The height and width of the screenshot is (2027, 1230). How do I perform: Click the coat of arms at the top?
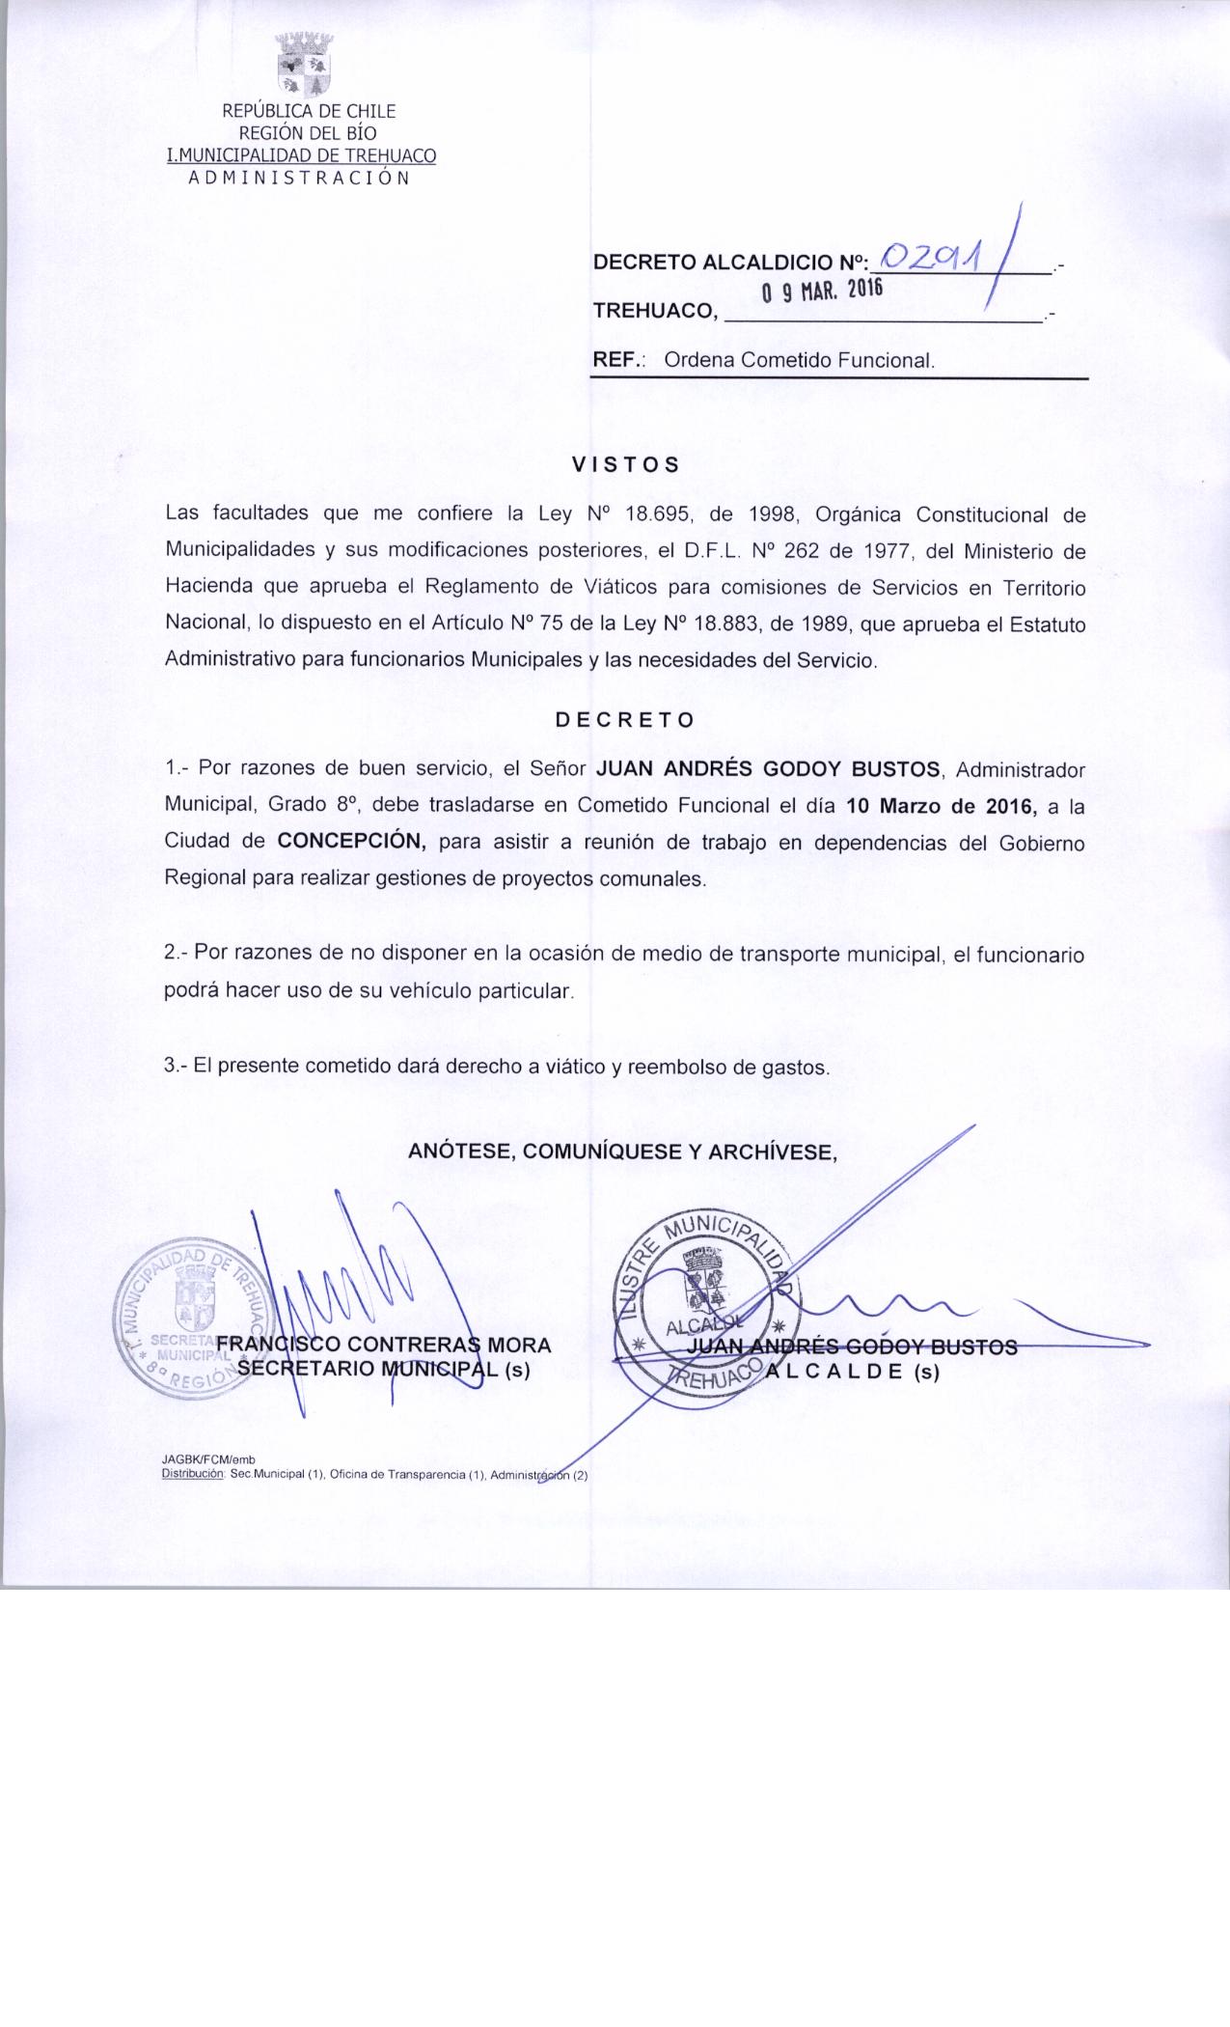tap(305, 65)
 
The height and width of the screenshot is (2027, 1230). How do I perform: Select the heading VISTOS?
tap(626, 464)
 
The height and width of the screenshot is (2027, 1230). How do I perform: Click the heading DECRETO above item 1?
tap(624, 720)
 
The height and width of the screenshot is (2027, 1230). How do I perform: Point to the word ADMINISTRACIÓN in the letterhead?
tap(299, 178)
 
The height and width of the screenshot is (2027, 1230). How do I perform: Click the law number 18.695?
tap(655, 514)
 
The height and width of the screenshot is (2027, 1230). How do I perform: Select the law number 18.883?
tap(726, 625)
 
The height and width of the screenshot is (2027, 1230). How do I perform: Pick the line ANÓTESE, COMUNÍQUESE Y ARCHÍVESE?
tap(622, 1152)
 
